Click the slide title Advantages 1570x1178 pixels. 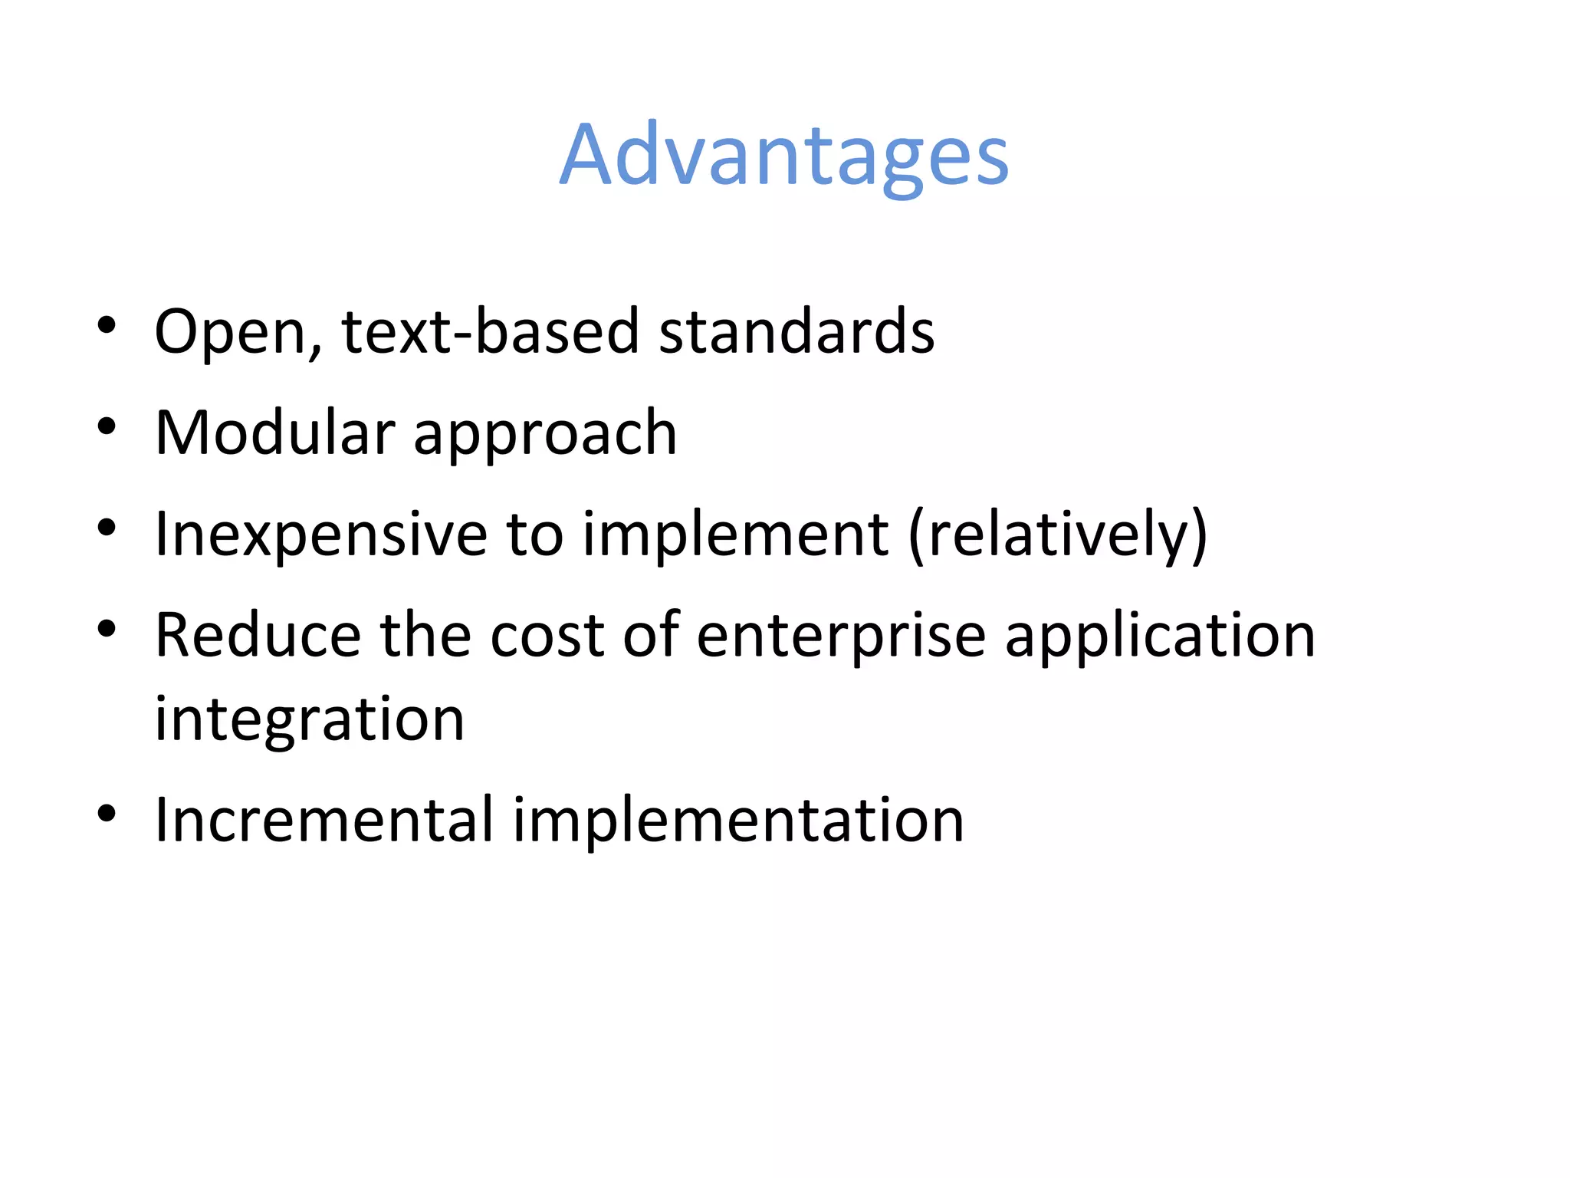[x=784, y=156]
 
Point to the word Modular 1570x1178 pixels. [x=274, y=433]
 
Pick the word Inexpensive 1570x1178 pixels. [x=320, y=535]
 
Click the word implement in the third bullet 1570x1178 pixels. [x=734, y=535]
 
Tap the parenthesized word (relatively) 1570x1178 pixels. [x=1057, y=535]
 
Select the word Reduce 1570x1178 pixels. [x=258, y=636]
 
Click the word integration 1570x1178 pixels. [x=310, y=721]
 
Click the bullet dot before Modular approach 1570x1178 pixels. [x=107, y=426]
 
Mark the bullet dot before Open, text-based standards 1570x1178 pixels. [x=107, y=325]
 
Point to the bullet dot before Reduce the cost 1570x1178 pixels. [x=107, y=629]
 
